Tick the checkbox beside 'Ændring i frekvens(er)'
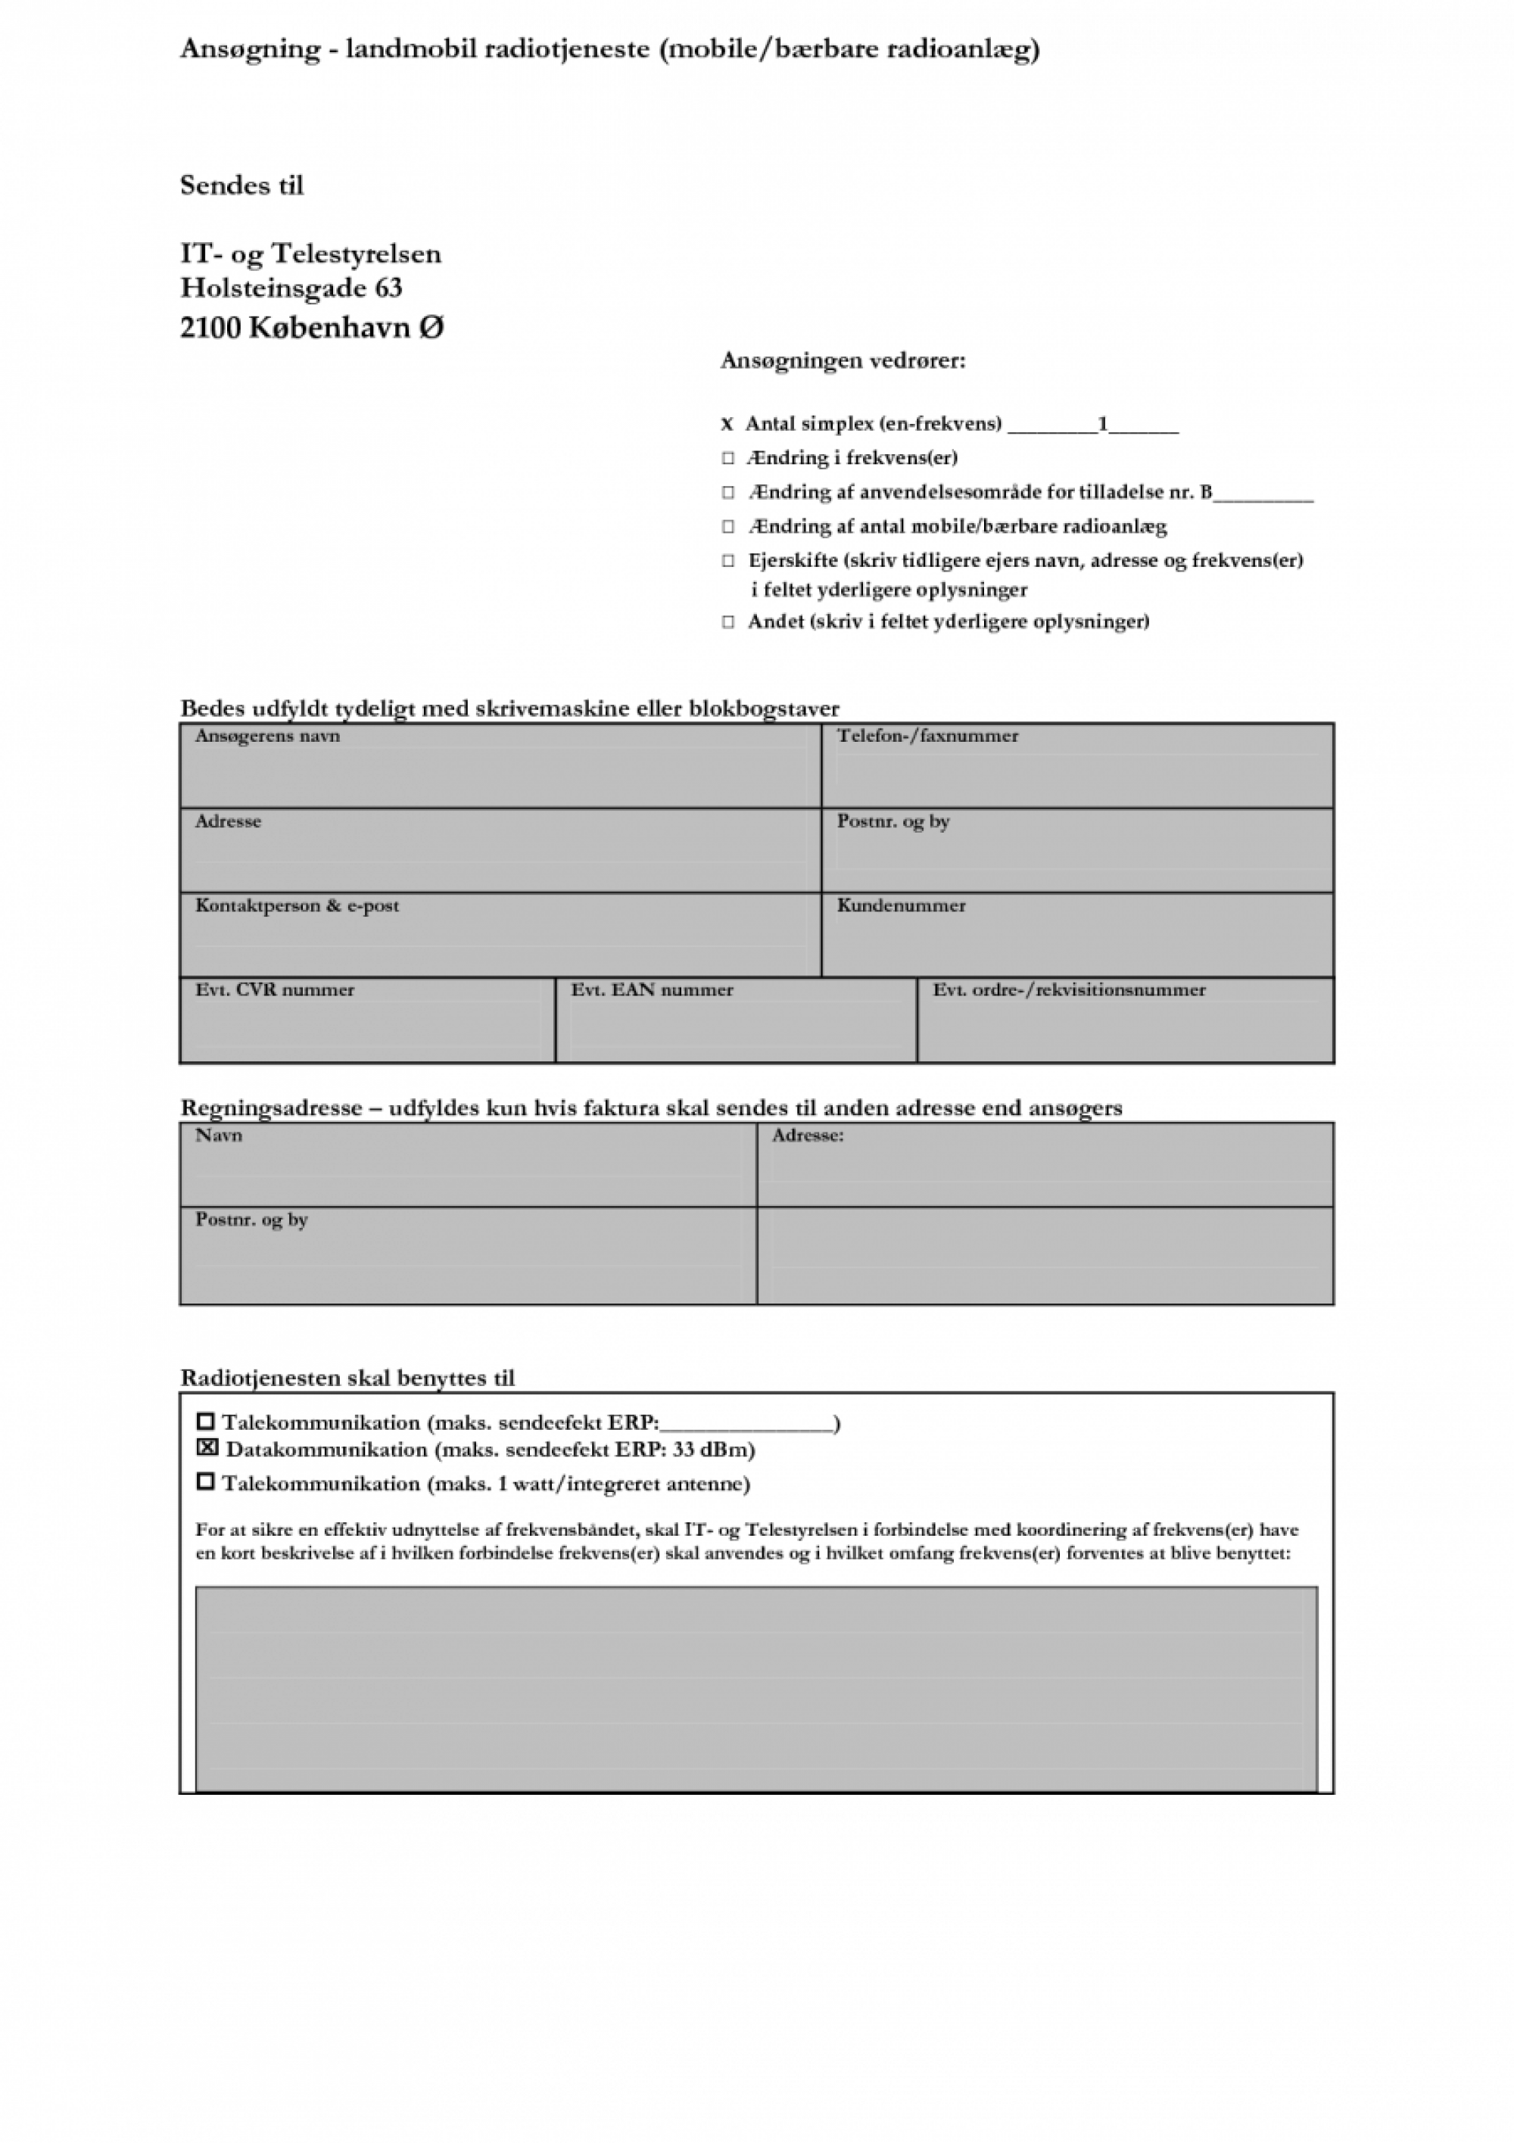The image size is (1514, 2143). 728,458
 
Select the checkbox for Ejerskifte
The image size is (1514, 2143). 728,561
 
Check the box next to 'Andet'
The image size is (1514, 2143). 728,621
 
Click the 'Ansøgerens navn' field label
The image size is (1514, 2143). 267,737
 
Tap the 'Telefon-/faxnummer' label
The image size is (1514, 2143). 927,737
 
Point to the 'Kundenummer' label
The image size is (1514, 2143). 901,905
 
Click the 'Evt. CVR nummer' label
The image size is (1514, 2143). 275,990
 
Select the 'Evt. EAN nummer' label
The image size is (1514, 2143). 652,990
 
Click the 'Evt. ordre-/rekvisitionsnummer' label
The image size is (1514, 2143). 1069,990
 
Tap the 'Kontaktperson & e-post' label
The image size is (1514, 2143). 297,905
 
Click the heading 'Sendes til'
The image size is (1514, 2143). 241,185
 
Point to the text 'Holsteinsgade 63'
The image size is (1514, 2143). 291,288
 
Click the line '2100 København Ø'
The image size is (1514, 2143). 312,328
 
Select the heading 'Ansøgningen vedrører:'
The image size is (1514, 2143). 843,361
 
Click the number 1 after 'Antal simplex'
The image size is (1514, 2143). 1102,425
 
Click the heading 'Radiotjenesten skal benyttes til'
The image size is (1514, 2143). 347,1378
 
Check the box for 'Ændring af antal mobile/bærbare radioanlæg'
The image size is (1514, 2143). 728,526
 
